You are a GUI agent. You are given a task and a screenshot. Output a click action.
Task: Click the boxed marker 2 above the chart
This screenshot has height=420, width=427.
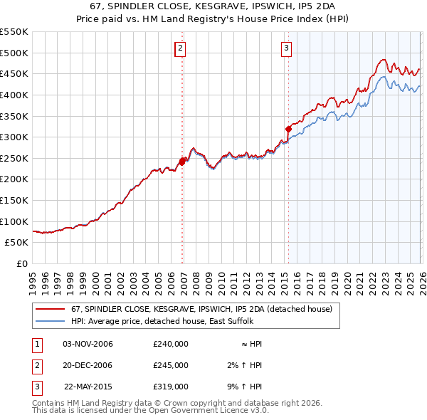click(180, 48)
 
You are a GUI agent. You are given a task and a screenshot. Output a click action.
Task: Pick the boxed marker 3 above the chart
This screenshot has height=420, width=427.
click(286, 48)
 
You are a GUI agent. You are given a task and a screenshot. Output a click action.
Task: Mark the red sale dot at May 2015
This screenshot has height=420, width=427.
click(288, 130)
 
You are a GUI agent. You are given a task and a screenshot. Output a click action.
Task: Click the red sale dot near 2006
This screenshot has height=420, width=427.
click(181, 162)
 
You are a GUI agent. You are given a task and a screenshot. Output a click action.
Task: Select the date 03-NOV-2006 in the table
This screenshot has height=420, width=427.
click(88, 344)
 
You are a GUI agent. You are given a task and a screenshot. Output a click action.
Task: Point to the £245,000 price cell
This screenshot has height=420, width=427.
click(171, 365)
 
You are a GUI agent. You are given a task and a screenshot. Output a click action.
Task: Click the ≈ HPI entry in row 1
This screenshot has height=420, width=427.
click(251, 344)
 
